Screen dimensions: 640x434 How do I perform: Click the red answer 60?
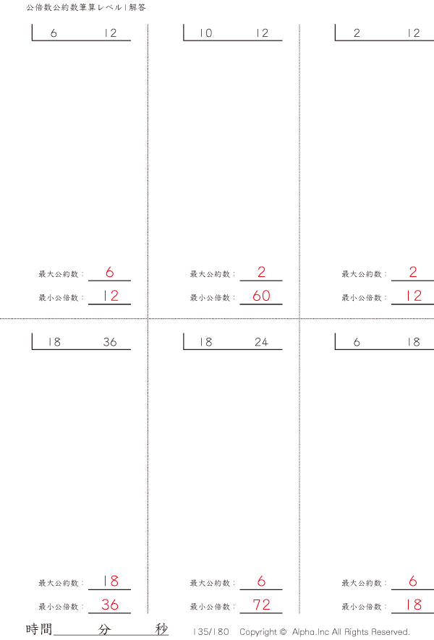pos(261,296)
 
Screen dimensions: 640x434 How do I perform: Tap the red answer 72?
pos(261,605)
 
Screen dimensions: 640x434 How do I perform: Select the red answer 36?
pos(109,605)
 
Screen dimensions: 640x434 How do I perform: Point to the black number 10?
pos(206,33)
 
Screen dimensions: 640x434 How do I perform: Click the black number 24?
pos(261,342)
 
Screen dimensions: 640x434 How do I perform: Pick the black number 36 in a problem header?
pos(109,342)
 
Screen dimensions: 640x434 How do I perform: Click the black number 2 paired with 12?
pos(357,33)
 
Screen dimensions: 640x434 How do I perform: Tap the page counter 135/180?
pos(211,631)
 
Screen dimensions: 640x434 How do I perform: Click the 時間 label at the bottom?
pos(39,629)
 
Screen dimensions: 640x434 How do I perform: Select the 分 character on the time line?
pos(105,629)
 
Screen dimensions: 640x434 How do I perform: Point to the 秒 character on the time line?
pos(161,629)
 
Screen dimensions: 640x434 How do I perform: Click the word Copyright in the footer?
pos(258,631)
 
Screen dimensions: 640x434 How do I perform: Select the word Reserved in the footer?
pos(389,631)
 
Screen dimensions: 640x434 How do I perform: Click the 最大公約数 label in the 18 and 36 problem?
pos(59,583)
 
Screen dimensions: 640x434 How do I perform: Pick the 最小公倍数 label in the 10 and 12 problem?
pos(211,297)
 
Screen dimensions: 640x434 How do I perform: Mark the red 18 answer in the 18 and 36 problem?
pos(110,581)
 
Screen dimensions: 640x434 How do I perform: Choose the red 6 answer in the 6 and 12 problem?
pos(110,273)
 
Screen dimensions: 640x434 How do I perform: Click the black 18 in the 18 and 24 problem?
pos(206,342)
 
